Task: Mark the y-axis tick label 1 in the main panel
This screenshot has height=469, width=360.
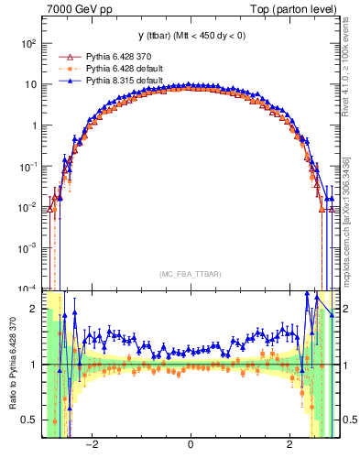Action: (32, 125)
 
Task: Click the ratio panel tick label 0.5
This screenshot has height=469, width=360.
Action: (28, 420)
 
